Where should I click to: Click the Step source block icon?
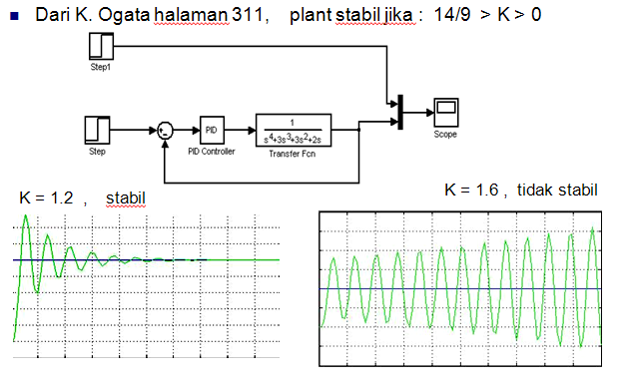97,130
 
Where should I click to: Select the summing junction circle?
165,131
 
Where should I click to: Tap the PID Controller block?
212,130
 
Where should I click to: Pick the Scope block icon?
445,109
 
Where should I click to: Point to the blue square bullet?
13,18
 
